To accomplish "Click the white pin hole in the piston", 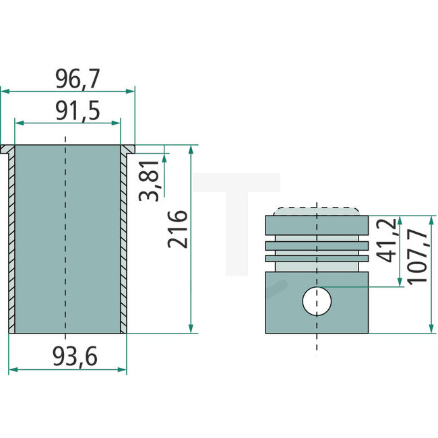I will (x=317, y=300).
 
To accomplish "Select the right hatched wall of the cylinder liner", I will (x=123, y=243).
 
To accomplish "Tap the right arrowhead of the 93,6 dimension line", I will (x=123, y=369).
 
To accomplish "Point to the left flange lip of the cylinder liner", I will (x=7, y=148).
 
